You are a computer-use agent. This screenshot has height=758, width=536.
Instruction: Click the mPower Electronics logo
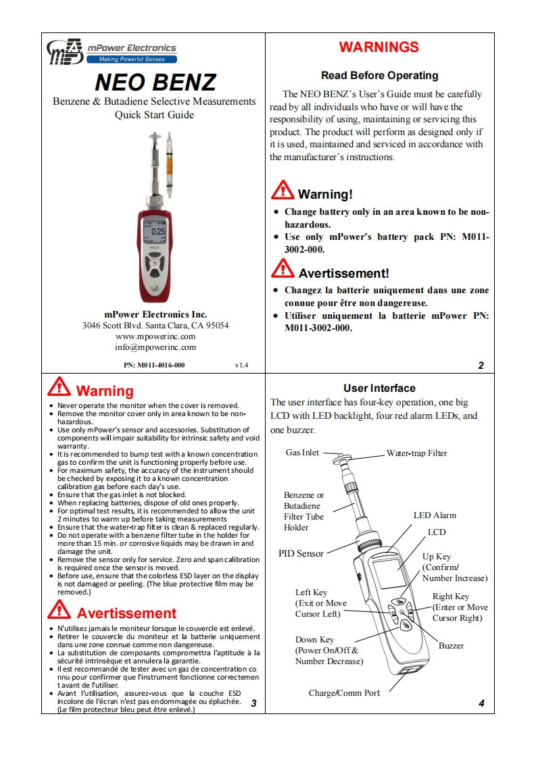click(x=112, y=51)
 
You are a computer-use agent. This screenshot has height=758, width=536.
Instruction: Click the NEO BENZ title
click(x=155, y=82)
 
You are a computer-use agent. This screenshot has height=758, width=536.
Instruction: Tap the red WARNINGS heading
click(x=379, y=47)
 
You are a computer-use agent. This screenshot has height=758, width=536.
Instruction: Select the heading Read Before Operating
click(x=379, y=76)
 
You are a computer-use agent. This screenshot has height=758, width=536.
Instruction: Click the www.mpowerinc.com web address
click(x=155, y=336)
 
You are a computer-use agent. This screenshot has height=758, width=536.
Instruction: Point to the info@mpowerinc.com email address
click(x=155, y=347)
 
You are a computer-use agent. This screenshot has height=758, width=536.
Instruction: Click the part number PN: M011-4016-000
click(x=154, y=365)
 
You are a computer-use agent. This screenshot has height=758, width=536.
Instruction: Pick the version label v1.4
click(x=241, y=365)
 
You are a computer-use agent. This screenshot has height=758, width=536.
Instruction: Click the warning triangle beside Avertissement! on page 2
click(x=283, y=270)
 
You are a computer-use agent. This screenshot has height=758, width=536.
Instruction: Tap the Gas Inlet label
click(x=302, y=453)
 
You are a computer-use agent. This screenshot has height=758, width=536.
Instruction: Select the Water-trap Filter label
click(x=416, y=453)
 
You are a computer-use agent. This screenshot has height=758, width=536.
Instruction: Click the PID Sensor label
click(x=301, y=554)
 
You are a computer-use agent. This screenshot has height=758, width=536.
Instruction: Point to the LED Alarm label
click(x=435, y=515)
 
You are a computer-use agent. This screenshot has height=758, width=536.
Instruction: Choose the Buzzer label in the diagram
click(x=451, y=646)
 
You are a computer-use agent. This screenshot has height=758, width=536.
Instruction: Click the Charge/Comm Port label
click(x=344, y=693)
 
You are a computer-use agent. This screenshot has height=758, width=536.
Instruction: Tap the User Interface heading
click(x=379, y=388)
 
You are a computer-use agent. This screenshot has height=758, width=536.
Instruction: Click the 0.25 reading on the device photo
click(x=158, y=232)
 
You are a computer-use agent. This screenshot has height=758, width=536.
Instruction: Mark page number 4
click(x=481, y=703)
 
